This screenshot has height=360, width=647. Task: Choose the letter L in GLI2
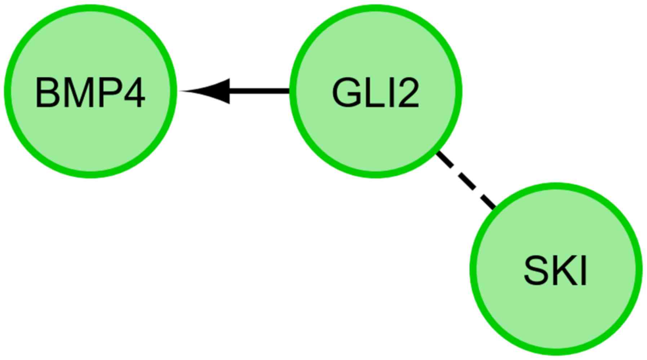click(373, 93)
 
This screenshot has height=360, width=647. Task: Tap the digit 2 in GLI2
click(407, 93)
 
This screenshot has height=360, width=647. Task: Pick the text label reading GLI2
click(375, 93)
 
